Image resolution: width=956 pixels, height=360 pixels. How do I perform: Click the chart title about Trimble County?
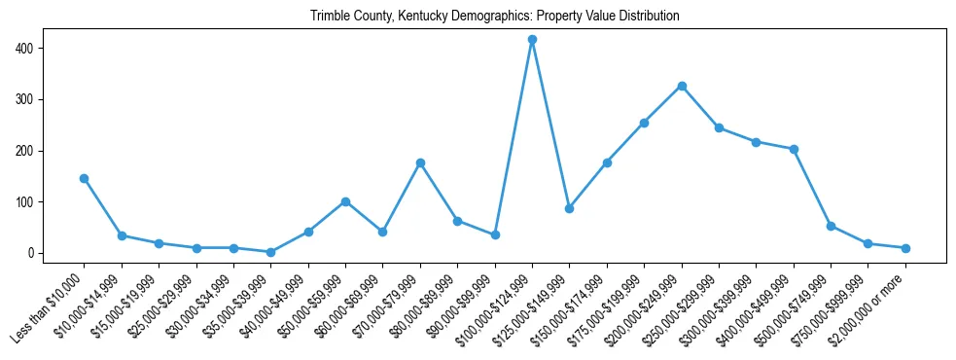click(x=494, y=17)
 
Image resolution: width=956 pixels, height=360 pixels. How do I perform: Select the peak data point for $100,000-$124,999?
click(x=532, y=40)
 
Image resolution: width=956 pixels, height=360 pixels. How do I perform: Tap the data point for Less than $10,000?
click(x=85, y=178)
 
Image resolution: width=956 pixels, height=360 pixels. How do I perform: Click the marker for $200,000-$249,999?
click(x=682, y=86)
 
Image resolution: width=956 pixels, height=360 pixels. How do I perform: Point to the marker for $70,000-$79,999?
click(x=420, y=162)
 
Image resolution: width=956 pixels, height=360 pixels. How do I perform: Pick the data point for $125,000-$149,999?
click(x=570, y=208)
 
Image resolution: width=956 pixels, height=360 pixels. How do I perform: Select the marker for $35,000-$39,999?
click(x=271, y=252)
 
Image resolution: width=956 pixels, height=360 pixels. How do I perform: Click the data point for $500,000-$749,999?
click(x=831, y=226)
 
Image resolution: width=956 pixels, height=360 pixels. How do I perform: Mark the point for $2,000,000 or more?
click(x=905, y=248)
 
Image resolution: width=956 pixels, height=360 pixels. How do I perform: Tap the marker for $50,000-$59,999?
click(x=345, y=201)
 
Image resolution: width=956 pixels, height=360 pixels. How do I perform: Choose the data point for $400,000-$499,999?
click(x=794, y=149)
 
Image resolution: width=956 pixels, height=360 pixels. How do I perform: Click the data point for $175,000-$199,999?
click(x=644, y=123)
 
